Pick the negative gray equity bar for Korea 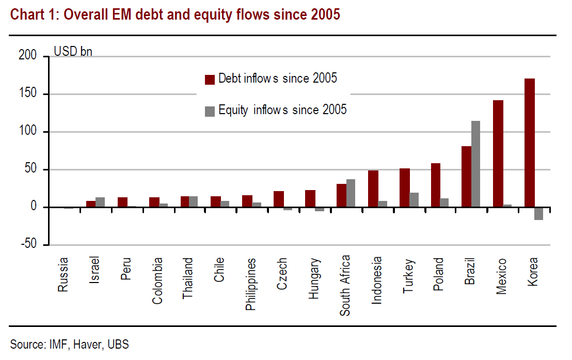point(538,213)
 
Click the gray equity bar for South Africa point(350,193)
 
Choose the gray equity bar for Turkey point(413,200)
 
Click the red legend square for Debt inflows point(210,79)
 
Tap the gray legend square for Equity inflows point(210,111)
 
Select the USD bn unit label point(73,52)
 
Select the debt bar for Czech point(278,199)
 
